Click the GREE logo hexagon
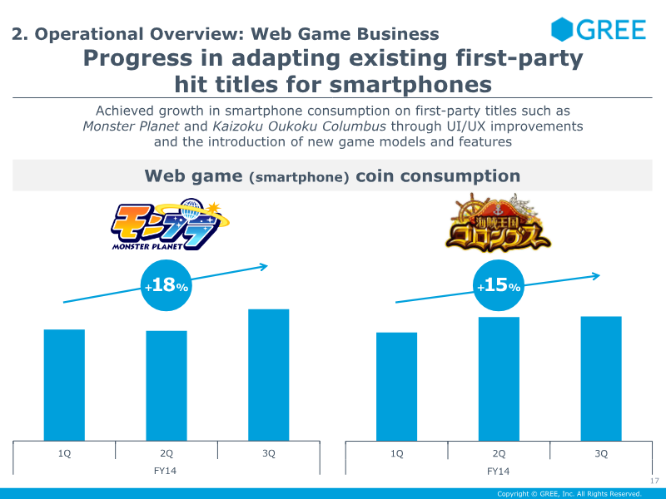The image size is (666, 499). [561, 29]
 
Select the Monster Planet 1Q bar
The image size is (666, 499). [64, 385]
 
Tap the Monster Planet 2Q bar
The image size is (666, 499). [166, 386]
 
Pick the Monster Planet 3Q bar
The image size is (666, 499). [269, 375]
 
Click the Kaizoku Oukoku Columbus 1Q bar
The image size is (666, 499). [397, 387]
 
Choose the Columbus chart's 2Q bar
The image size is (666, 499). [499, 379]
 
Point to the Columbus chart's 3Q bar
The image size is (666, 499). [601, 378]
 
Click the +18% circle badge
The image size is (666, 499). [166, 285]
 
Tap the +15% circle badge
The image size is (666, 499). [499, 285]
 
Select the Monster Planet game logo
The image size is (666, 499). [170, 225]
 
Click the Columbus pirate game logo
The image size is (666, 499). [498, 223]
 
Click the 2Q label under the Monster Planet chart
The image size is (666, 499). [166, 453]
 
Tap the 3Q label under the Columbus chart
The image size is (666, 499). [601, 453]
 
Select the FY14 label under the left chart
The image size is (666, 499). [165, 471]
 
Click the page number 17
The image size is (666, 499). [654, 481]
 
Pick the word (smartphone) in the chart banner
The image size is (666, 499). [300, 177]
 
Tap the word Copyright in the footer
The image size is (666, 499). [513, 493]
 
